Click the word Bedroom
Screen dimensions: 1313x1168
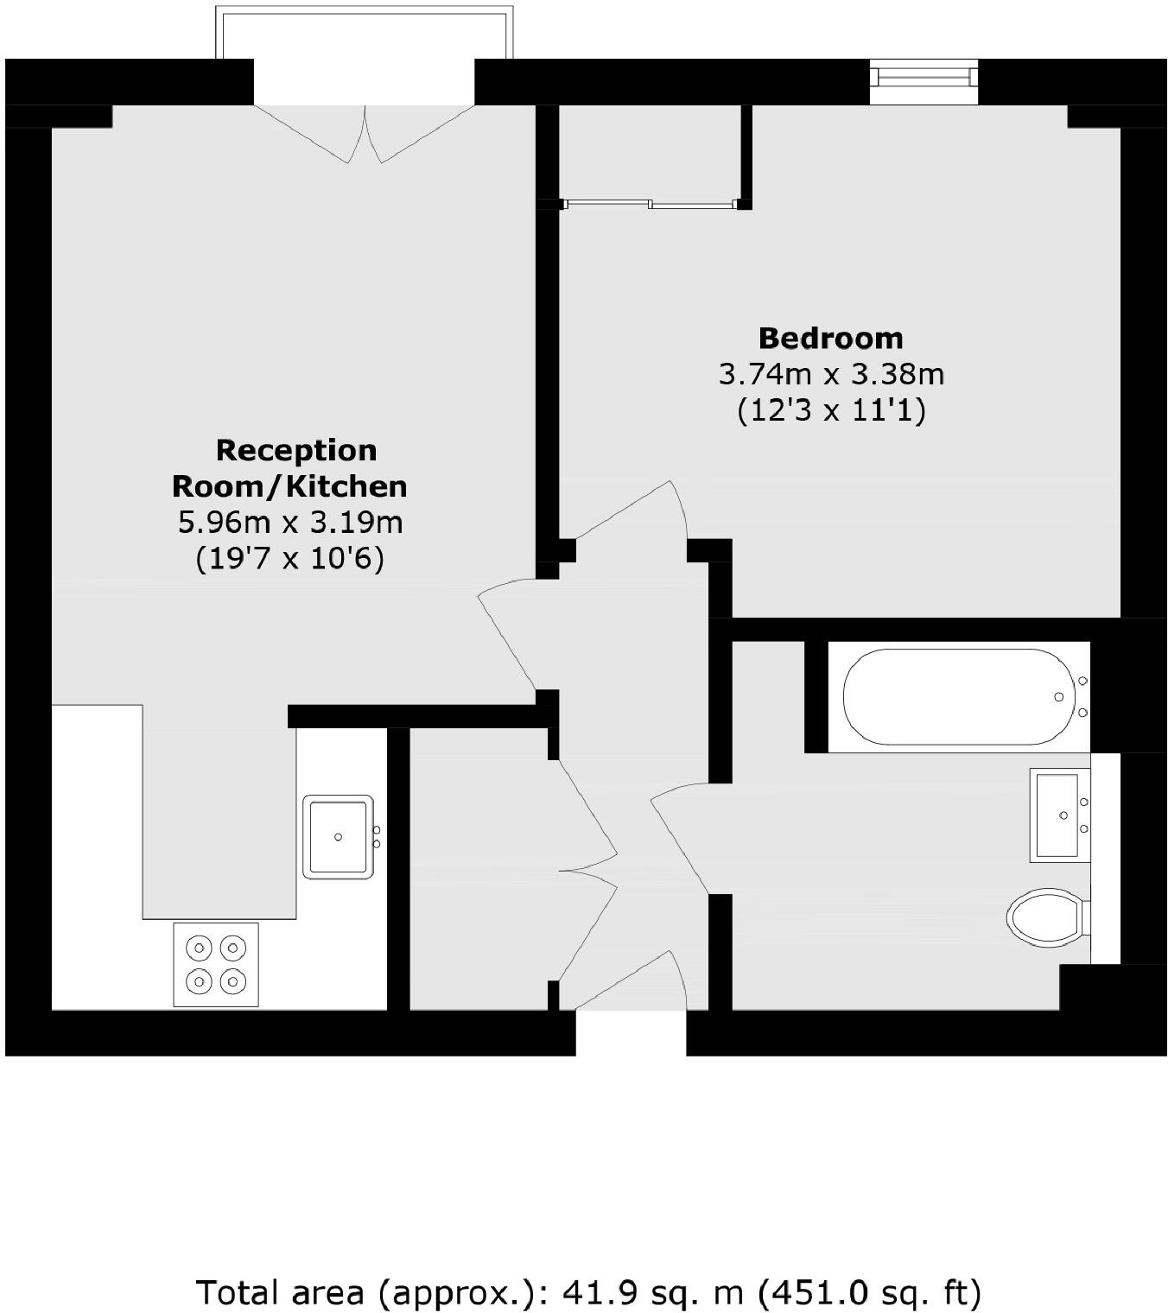[x=831, y=338]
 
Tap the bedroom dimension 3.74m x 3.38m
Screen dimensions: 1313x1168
[x=831, y=374]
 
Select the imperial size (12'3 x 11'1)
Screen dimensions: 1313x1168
[x=831, y=410]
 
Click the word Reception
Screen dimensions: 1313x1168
[x=296, y=450]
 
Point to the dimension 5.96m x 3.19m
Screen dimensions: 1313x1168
[x=290, y=523]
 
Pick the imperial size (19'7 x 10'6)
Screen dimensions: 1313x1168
[x=290, y=559]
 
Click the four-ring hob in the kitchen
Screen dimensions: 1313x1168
[x=216, y=964]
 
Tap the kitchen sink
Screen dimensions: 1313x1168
[x=338, y=836]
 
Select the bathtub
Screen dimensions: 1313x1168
[x=959, y=696]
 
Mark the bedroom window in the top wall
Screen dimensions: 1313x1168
[x=924, y=78]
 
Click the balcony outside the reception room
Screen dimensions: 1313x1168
[x=364, y=35]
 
